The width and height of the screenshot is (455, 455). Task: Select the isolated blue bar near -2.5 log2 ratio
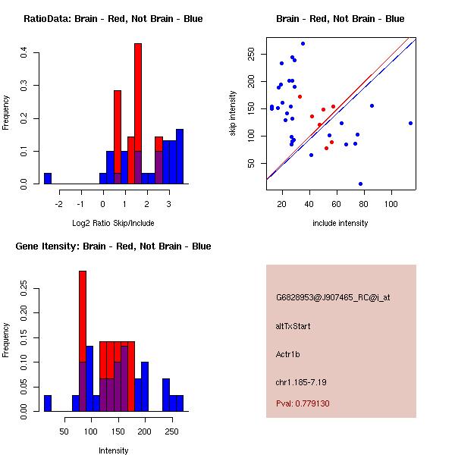(x=48, y=179)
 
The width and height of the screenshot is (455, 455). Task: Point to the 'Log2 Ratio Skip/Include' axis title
(x=113, y=223)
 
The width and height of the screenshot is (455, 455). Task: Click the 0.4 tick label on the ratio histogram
(x=25, y=52)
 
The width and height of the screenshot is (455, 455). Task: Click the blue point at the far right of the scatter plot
(x=410, y=123)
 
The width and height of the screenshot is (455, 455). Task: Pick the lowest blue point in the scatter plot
(x=360, y=184)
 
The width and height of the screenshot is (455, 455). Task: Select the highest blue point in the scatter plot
(x=303, y=44)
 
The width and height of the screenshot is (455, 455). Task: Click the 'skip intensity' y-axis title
(x=233, y=114)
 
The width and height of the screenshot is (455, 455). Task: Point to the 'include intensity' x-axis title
(x=340, y=223)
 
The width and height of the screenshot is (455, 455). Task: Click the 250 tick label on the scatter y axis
(x=251, y=54)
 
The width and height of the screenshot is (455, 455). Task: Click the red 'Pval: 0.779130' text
(x=303, y=403)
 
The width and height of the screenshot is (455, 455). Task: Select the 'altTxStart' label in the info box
(x=293, y=326)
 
